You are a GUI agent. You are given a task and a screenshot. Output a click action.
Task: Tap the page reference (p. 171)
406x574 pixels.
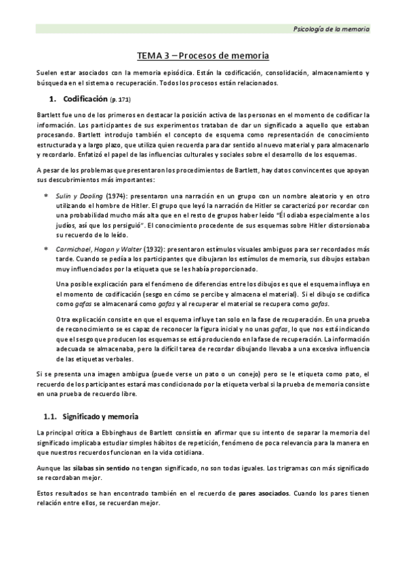click(121, 100)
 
